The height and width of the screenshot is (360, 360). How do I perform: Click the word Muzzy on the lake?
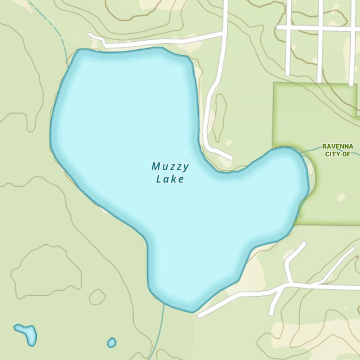170,167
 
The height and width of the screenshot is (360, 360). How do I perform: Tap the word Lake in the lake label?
170,179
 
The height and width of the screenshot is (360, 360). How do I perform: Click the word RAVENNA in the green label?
338,147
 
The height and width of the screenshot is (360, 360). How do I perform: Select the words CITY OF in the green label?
338,154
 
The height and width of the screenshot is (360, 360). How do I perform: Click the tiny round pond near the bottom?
112,342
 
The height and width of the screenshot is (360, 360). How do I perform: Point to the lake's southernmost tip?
192,311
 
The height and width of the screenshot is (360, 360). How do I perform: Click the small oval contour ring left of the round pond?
97,297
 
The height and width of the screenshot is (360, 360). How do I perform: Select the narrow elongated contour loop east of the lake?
221,117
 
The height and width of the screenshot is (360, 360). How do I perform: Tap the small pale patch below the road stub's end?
229,143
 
